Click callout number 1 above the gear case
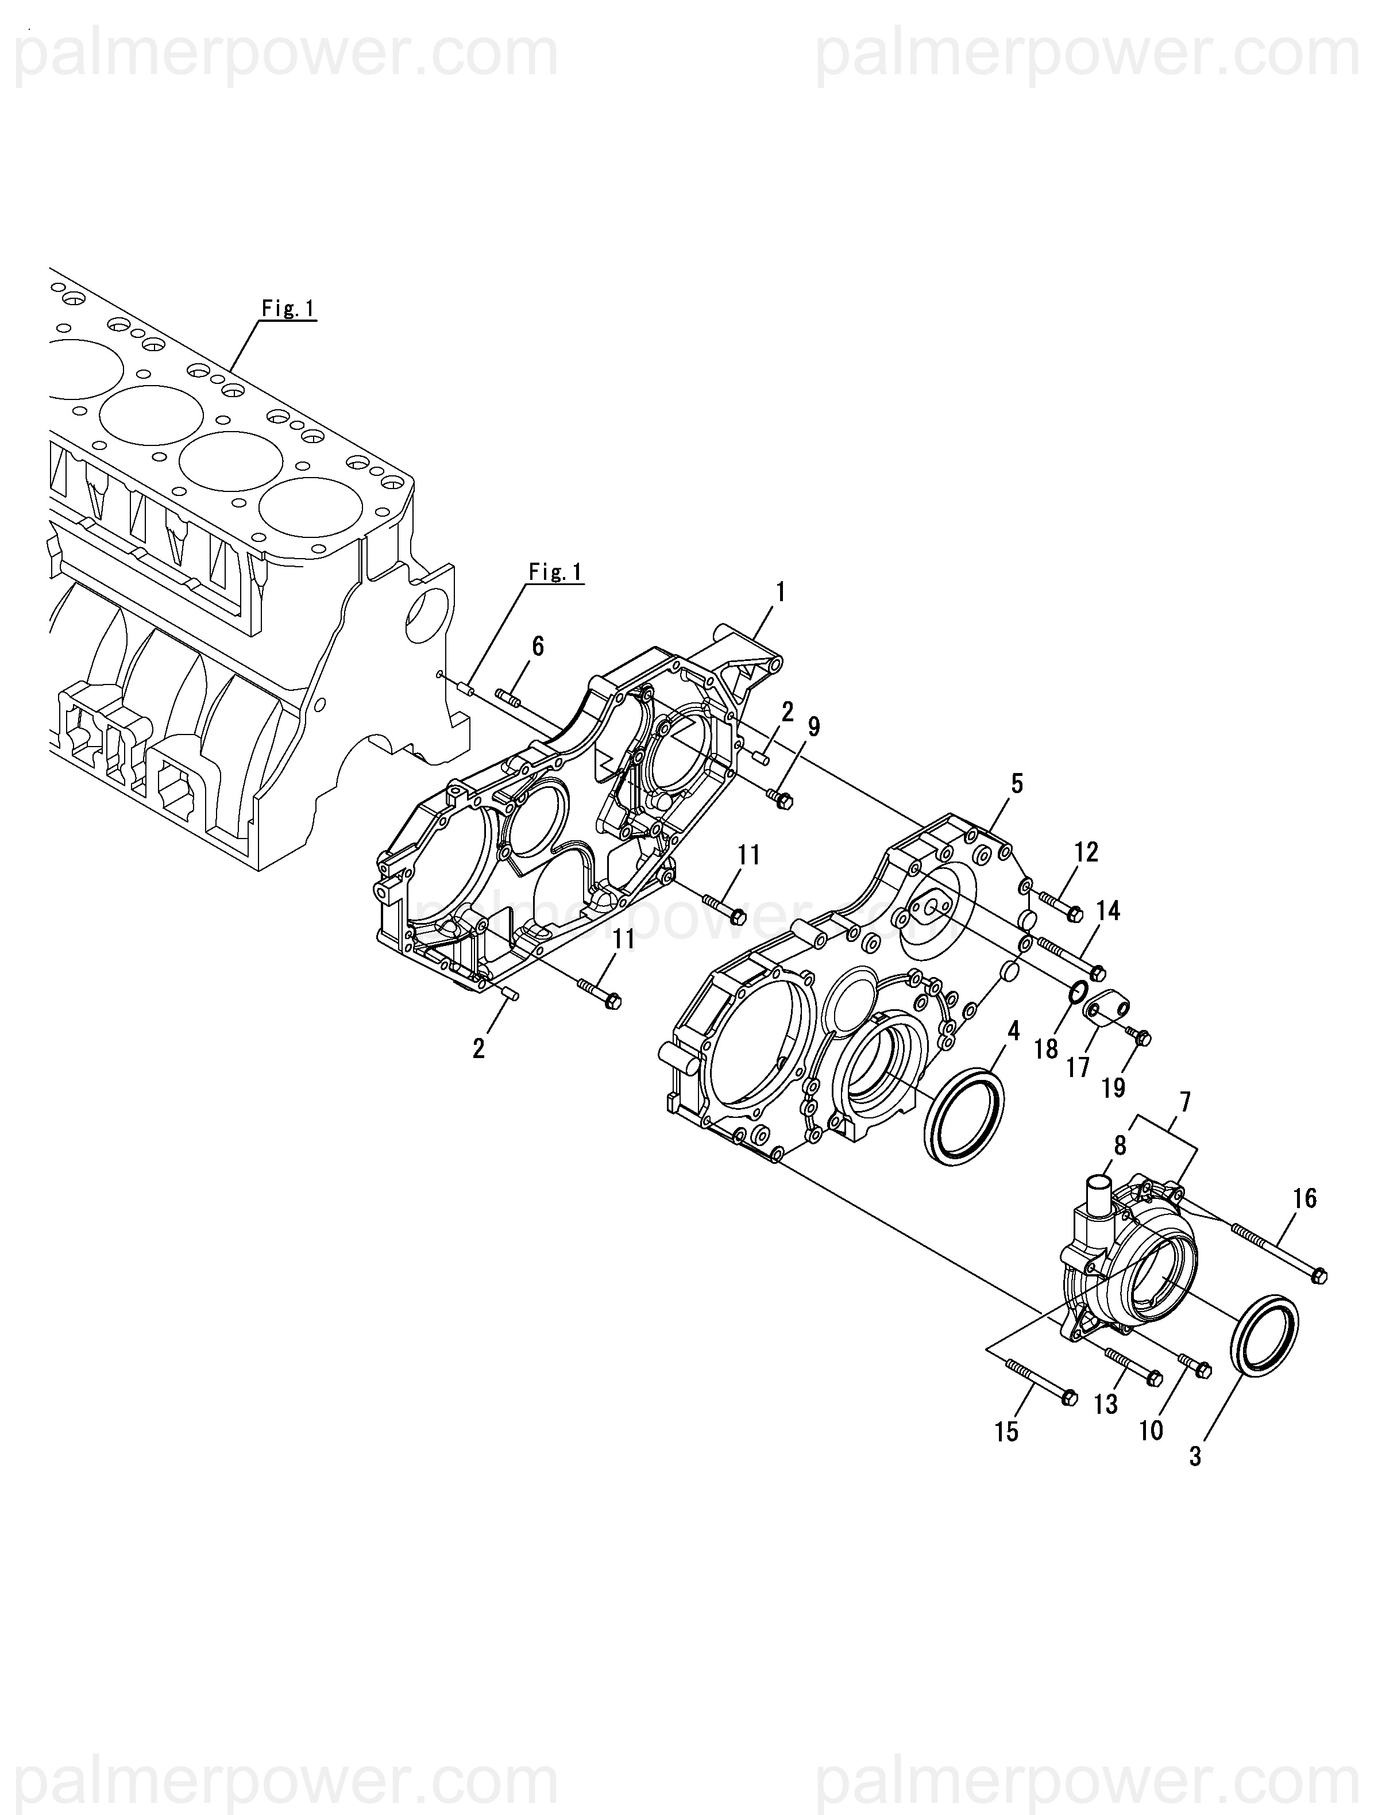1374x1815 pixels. pyautogui.click(x=780, y=591)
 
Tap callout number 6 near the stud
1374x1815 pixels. pyautogui.click(x=537, y=646)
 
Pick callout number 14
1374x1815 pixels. pyautogui.click(x=1107, y=911)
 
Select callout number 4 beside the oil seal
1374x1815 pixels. pyautogui.click(x=1014, y=1032)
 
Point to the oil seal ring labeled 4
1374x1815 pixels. pyautogui.click(x=964, y=1113)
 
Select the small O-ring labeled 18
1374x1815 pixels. pyautogui.click(x=1079, y=993)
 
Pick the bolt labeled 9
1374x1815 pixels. pyautogui.click(x=779, y=799)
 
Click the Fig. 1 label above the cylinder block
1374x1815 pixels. pyautogui.click(x=288, y=309)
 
